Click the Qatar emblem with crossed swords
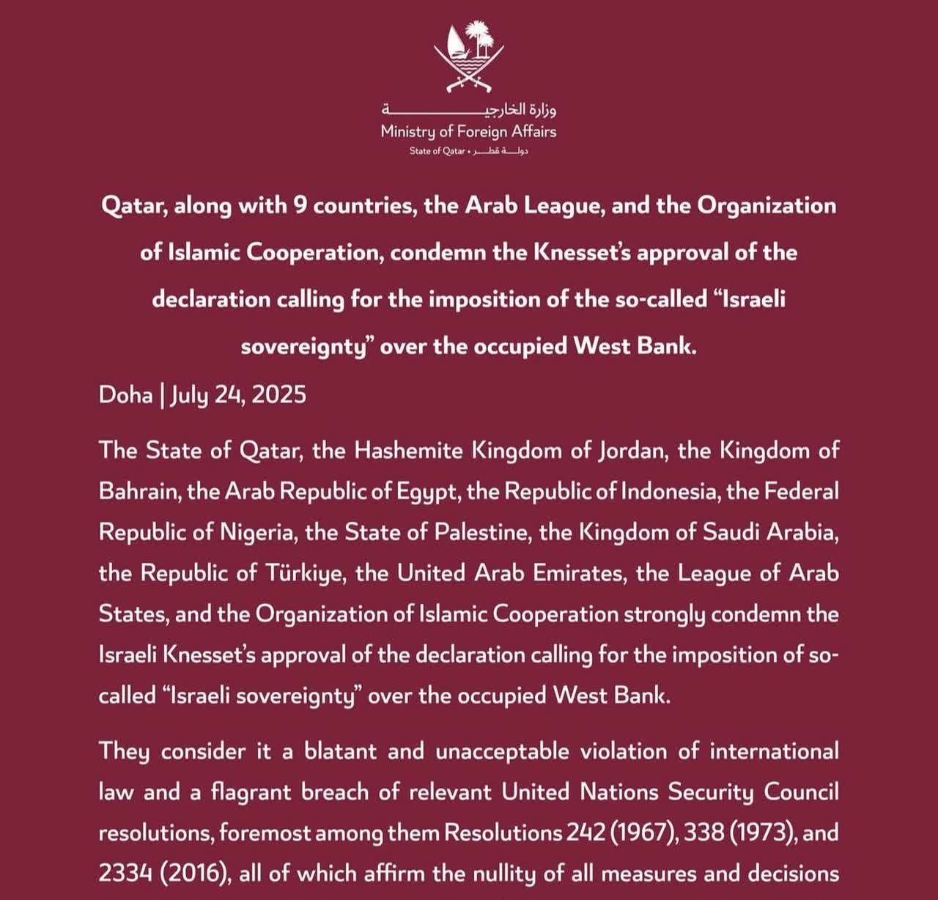pos(469,59)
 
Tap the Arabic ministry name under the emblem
pos(469,110)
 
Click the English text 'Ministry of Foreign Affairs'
pos(469,132)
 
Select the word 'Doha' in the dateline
pos(125,395)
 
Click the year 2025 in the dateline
pos(278,395)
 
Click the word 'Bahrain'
pos(139,491)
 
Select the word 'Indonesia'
pos(668,491)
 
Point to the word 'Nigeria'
pos(256,532)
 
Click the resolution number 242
pos(585,833)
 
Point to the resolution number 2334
pos(125,874)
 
